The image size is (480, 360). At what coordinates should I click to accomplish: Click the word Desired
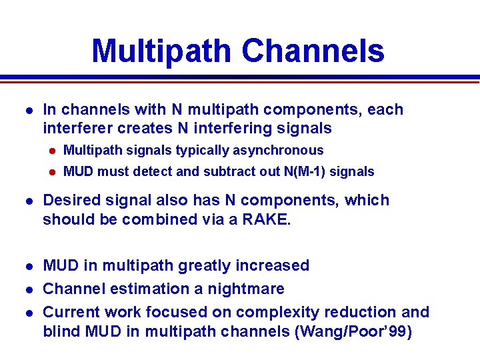tap(70, 201)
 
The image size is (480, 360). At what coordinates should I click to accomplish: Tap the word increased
tap(275, 265)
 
